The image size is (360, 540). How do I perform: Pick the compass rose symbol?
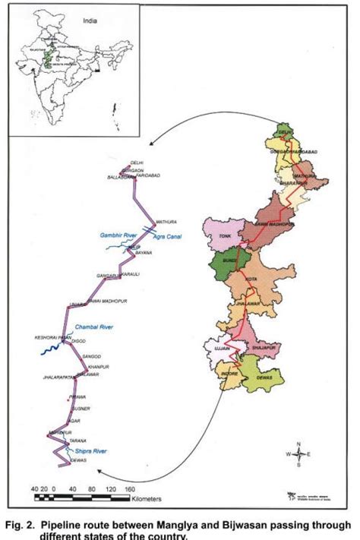302,455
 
